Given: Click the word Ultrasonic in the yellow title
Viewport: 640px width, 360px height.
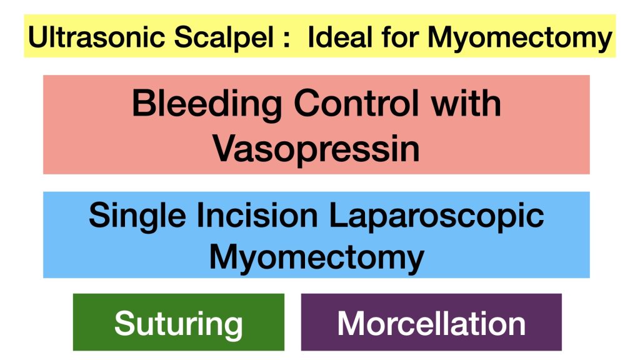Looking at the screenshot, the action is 97,37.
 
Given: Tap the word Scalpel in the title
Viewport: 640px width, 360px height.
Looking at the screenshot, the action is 224,37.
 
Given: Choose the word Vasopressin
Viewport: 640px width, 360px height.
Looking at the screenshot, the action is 316,149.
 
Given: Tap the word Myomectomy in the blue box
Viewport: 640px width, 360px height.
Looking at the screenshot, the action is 317,258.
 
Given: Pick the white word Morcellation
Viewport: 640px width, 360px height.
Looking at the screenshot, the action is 431,323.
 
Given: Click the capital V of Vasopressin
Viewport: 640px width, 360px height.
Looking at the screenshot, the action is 225,149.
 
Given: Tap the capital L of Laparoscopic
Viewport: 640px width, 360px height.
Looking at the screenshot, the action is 339,215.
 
